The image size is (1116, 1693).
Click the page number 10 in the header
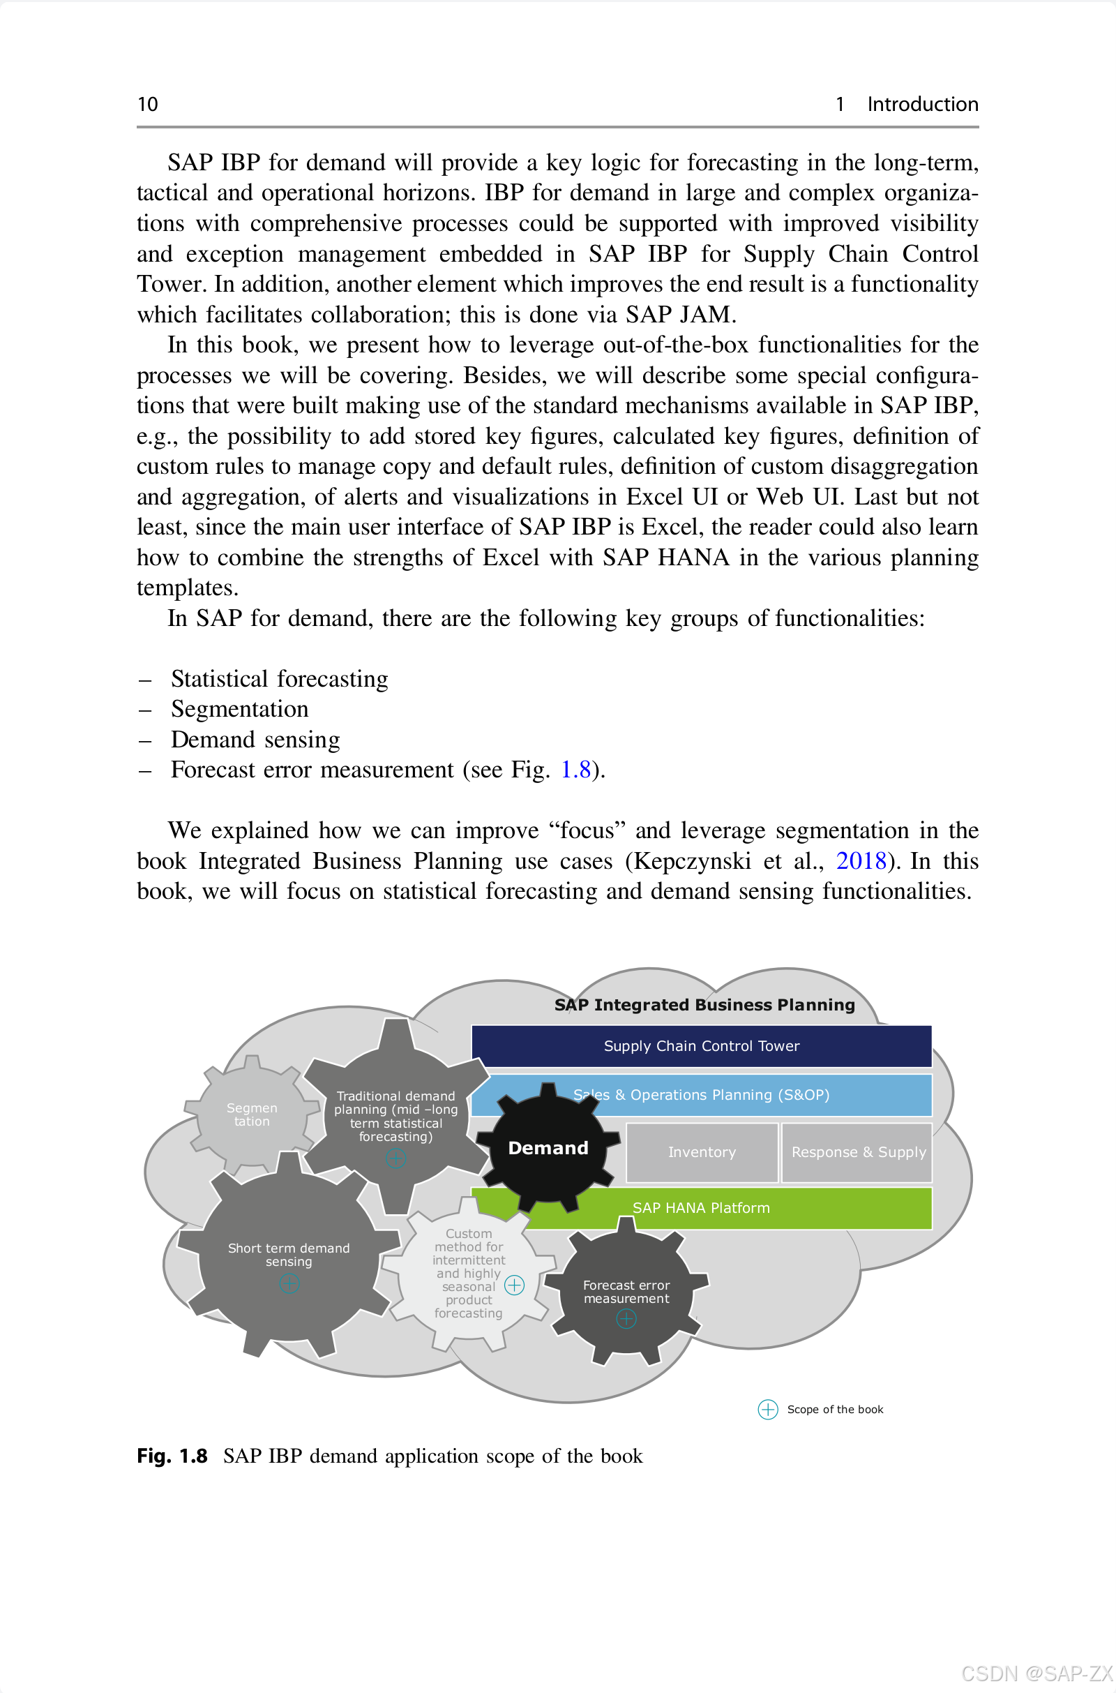click(147, 105)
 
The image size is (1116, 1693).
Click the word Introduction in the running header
click(921, 105)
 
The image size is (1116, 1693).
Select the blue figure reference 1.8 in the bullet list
click(575, 770)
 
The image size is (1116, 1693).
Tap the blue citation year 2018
click(861, 860)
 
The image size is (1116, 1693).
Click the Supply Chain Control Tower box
click(701, 1046)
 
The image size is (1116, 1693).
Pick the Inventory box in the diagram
click(701, 1152)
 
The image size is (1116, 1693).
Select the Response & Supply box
click(858, 1152)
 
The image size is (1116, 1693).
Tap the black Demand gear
click(548, 1148)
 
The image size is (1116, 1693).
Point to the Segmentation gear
click(251, 1114)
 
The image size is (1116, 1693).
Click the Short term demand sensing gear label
click(288, 1255)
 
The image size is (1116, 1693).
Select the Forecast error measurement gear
click(626, 1292)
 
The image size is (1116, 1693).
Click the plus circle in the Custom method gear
click(514, 1285)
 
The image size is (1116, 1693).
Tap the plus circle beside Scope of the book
click(767, 1410)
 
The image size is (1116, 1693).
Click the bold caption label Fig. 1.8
click(172, 1456)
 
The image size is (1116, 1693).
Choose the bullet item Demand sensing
click(255, 740)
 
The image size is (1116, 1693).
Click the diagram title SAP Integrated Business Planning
click(704, 1004)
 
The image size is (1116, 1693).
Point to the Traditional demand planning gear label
click(395, 1116)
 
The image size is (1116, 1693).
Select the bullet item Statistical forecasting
click(279, 679)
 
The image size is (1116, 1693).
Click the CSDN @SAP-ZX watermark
click(1036, 1672)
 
